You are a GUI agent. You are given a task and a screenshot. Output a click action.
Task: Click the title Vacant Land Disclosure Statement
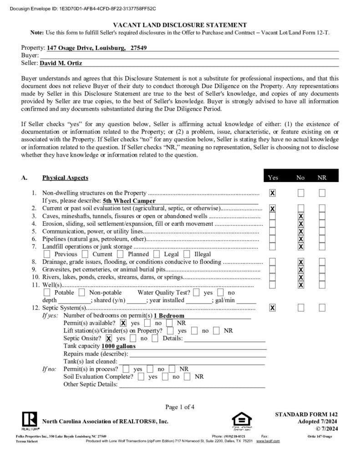[180, 25]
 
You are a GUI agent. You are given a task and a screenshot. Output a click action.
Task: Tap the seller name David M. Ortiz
[61, 63]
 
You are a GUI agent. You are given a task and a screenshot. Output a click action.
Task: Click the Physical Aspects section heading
[65, 177]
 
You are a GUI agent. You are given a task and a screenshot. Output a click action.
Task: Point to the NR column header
[322, 177]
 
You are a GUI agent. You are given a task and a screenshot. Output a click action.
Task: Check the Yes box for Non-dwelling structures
[272, 193]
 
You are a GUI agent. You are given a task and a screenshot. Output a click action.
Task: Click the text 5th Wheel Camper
[129, 201]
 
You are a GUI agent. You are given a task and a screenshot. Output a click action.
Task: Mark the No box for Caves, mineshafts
[300, 216]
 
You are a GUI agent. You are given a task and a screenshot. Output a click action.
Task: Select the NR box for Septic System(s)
[322, 308]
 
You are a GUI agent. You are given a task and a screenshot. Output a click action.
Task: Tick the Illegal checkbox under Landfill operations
[187, 254]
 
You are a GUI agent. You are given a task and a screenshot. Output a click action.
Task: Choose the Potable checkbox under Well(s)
[47, 293]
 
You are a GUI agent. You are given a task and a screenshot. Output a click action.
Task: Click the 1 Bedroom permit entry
[169, 315]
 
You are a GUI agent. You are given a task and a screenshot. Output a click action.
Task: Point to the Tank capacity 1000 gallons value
[119, 346]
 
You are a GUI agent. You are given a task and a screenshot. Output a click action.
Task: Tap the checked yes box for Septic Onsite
[109, 338]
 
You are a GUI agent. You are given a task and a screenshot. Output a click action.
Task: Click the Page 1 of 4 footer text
[180, 407]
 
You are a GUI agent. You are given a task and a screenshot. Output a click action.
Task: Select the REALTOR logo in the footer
[30, 420]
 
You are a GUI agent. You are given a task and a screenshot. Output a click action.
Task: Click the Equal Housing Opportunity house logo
[241, 420]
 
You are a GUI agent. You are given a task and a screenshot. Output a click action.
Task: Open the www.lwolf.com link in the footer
[268, 441]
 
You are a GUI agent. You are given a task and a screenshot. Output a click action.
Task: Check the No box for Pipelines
[300, 239]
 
